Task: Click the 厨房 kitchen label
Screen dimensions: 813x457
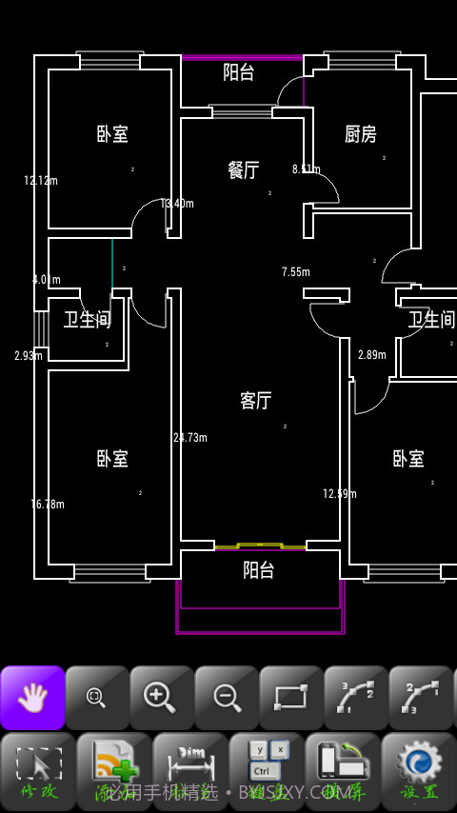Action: click(x=360, y=134)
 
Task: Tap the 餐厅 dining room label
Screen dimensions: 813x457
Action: click(x=244, y=170)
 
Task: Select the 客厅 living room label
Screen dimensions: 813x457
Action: click(x=255, y=401)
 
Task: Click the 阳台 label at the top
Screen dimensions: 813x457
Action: click(x=238, y=71)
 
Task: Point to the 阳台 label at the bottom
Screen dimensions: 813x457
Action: click(x=258, y=570)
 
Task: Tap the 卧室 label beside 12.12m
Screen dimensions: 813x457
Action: click(x=112, y=134)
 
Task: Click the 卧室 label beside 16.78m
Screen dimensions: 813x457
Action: click(x=112, y=459)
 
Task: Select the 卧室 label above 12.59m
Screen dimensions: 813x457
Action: click(x=408, y=459)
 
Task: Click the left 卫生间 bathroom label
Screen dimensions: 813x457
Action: click(x=88, y=320)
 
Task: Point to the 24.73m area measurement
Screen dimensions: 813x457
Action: click(x=190, y=438)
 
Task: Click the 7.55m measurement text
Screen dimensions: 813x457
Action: click(x=296, y=272)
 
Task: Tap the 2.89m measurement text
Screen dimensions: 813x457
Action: click(x=372, y=355)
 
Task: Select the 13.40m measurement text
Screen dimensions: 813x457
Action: click(x=178, y=204)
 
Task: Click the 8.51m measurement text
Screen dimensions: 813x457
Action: click(x=307, y=169)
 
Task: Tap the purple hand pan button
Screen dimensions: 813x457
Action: click(x=32, y=698)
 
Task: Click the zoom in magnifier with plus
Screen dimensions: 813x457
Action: click(x=161, y=698)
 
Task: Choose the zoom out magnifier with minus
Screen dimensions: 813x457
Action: click(x=227, y=698)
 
